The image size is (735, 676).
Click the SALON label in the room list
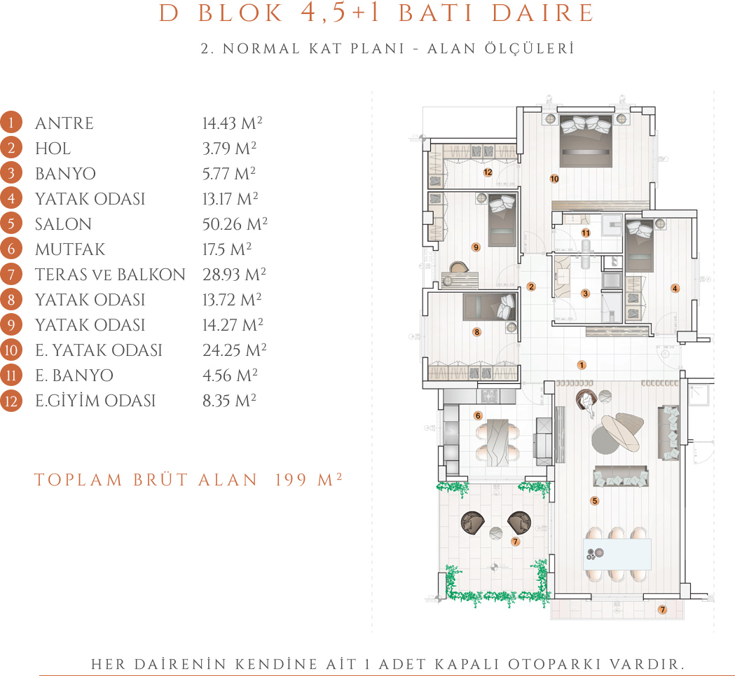click(x=63, y=224)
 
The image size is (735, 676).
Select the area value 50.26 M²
click(x=235, y=223)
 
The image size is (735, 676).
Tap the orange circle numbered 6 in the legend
click(x=11, y=249)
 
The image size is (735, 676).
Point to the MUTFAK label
click(x=70, y=249)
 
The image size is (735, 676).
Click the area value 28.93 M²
click(x=235, y=274)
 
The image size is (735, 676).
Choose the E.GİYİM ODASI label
click(x=95, y=401)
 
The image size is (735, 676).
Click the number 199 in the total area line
click(x=291, y=480)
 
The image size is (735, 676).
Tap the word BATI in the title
click(x=436, y=13)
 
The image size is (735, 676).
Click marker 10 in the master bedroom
click(x=554, y=179)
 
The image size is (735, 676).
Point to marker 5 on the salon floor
click(x=594, y=501)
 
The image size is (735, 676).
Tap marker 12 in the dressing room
click(x=488, y=172)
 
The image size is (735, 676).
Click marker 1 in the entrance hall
click(x=582, y=365)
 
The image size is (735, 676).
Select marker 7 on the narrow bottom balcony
click(x=662, y=609)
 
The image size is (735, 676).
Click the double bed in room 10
click(x=586, y=141)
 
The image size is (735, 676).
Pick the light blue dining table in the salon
click(x=617, y=554)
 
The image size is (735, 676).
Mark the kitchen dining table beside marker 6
click(x=497, y=441)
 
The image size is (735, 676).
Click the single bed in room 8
click(x=489, y=307)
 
